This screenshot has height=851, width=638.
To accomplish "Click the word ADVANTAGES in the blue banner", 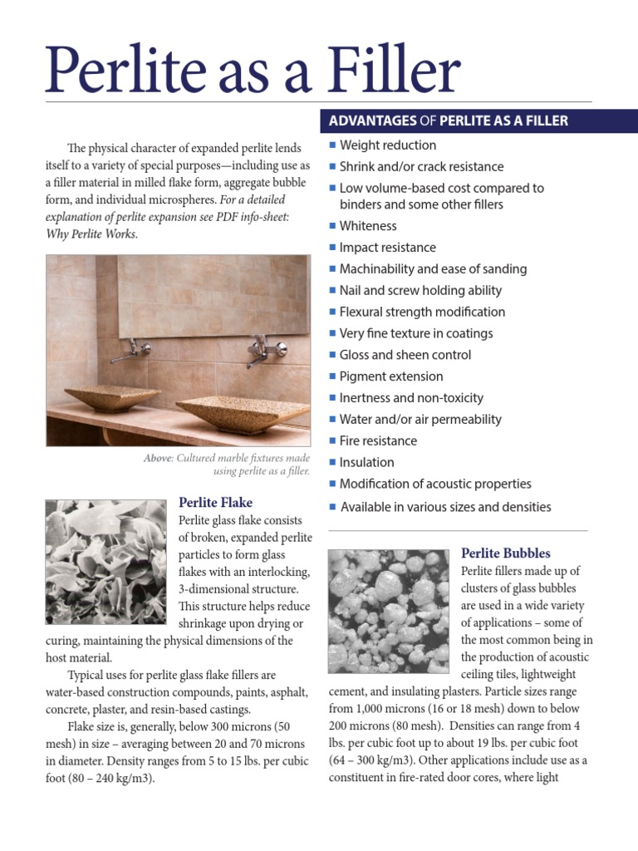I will [373, 121].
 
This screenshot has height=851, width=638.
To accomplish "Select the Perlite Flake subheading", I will [215, 503].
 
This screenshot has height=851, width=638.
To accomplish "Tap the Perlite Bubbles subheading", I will [505, 553].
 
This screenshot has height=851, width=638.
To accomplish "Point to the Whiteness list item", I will [368, 226].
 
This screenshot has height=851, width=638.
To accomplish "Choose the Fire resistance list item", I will [378, 441].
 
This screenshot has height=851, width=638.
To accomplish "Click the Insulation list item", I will [366, 463].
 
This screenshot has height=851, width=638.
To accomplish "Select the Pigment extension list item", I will [391, 376].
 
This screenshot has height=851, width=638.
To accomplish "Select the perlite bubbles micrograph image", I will [389, 611].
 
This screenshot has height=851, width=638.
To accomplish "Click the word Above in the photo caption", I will [157, 459].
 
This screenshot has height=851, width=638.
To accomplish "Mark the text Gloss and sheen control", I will [405, 355].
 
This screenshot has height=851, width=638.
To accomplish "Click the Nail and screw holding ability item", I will [420, 291].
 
